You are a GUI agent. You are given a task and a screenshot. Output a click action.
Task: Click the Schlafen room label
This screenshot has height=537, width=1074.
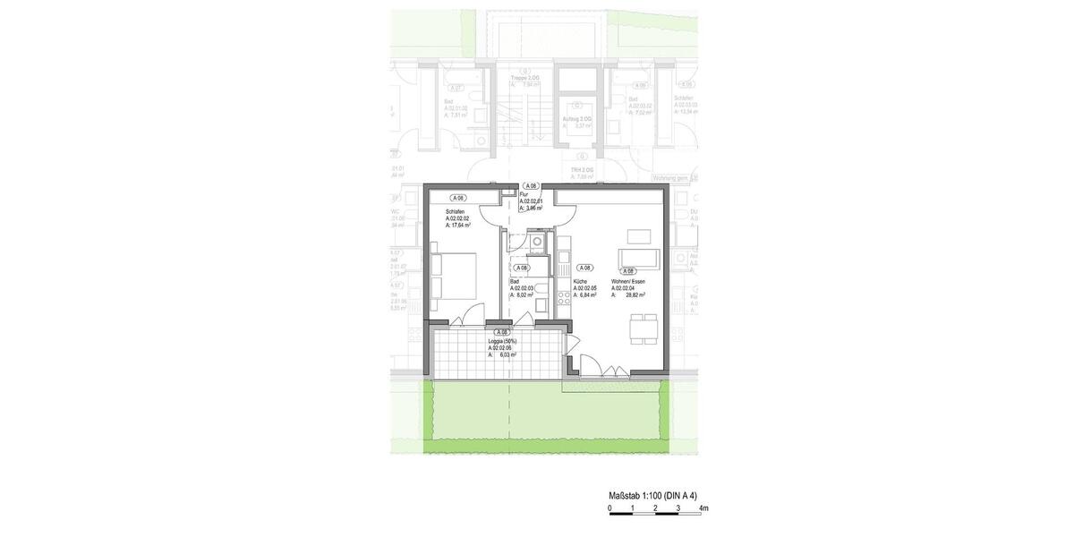[456, 212]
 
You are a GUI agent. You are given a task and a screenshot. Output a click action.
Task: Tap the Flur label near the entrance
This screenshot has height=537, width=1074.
[524, 194]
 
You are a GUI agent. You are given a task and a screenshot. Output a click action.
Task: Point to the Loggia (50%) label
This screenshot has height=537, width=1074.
[504, 341]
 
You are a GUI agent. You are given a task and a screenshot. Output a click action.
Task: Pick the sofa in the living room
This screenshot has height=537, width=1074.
[640, 259]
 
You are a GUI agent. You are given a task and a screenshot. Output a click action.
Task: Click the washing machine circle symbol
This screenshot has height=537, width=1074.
[536, 241]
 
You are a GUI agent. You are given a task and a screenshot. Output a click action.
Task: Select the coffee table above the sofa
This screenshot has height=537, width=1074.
[639, 236]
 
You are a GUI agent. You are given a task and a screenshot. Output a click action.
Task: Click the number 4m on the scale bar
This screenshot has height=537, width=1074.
[703, 508]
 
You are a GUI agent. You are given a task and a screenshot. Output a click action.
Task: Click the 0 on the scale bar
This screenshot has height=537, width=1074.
[610, 508]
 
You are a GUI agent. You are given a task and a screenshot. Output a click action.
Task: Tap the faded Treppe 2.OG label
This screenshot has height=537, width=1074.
[525, 78]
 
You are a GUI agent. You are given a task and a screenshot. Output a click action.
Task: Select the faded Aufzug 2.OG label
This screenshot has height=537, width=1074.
[576, 118]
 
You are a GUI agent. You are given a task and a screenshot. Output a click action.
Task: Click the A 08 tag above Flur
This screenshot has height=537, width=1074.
[531, 184]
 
